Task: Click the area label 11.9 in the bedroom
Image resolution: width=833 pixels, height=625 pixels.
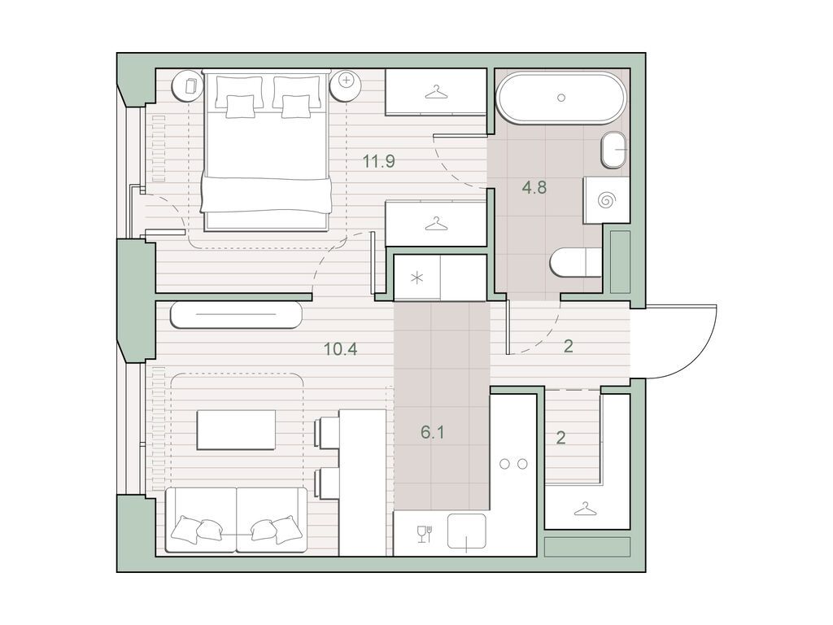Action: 379,161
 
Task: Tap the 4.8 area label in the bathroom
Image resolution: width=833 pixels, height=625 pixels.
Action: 534,187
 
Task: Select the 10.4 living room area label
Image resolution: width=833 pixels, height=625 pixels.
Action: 340,350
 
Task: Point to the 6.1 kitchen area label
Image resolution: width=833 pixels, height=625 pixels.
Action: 432,433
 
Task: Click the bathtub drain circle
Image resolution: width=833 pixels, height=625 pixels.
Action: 561,98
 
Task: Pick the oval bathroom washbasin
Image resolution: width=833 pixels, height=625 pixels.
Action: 614,150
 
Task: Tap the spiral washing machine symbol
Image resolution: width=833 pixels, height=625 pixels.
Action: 606,200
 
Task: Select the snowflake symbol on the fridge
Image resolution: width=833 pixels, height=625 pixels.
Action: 416,279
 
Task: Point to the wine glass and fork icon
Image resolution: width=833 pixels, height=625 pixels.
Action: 425,534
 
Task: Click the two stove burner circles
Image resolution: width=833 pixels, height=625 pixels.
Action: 513,463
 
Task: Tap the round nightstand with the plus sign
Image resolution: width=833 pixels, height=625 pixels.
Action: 347,81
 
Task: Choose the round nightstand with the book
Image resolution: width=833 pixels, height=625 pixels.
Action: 190,85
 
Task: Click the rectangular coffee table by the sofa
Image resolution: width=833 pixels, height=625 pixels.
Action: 236,429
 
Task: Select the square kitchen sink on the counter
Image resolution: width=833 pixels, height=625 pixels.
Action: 466,534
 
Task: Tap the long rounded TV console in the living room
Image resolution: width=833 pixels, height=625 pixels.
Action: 236,315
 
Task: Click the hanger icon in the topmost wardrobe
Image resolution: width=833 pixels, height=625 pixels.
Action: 436,92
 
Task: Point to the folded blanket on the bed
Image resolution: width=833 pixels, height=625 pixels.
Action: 266,195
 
